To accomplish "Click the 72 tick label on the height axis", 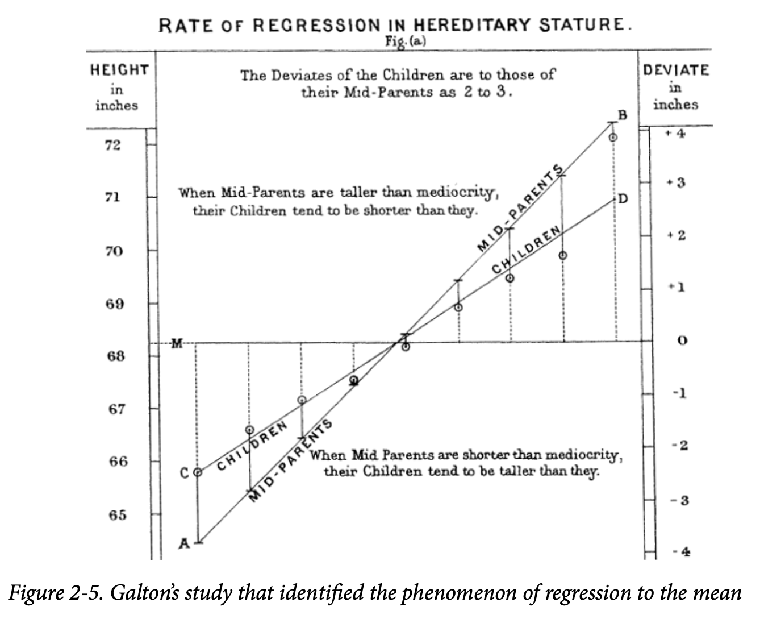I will click(112, 146).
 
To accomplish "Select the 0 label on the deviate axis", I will click(683, 341).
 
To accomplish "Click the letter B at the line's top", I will click(622, 115).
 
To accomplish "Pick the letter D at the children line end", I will click(623, 198).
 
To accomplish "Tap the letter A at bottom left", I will click(183, 544).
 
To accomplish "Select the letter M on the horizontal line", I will click(177, 343).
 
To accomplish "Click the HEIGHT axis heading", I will click(119, 70).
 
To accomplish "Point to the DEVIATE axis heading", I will click(675, 70).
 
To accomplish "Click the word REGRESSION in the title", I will click(315, 26).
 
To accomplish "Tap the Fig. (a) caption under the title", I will click(406, 41).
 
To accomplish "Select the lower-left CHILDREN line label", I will click(251, 447).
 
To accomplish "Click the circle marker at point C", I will click(198, 472).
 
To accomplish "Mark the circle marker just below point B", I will click(613, 137).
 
